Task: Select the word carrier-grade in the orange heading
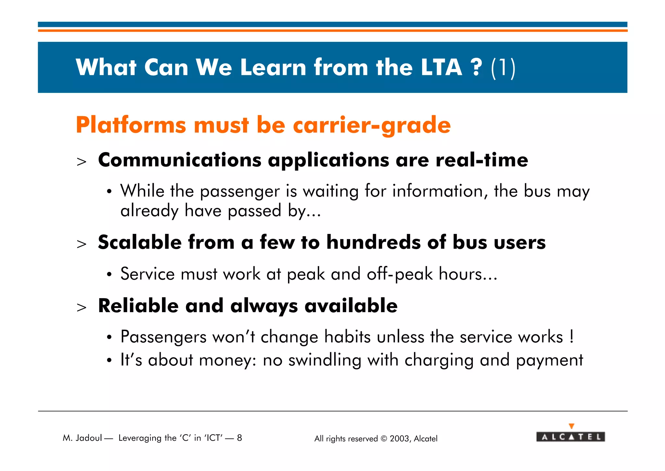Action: [x=372, y=125]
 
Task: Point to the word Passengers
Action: [x=163, y=337]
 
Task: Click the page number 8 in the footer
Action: [x=239, y=438]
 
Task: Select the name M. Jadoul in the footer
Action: [x=82, y=438]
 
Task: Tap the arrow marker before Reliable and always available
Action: [x=82, y=307]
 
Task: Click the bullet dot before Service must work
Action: [x=109, y=275]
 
